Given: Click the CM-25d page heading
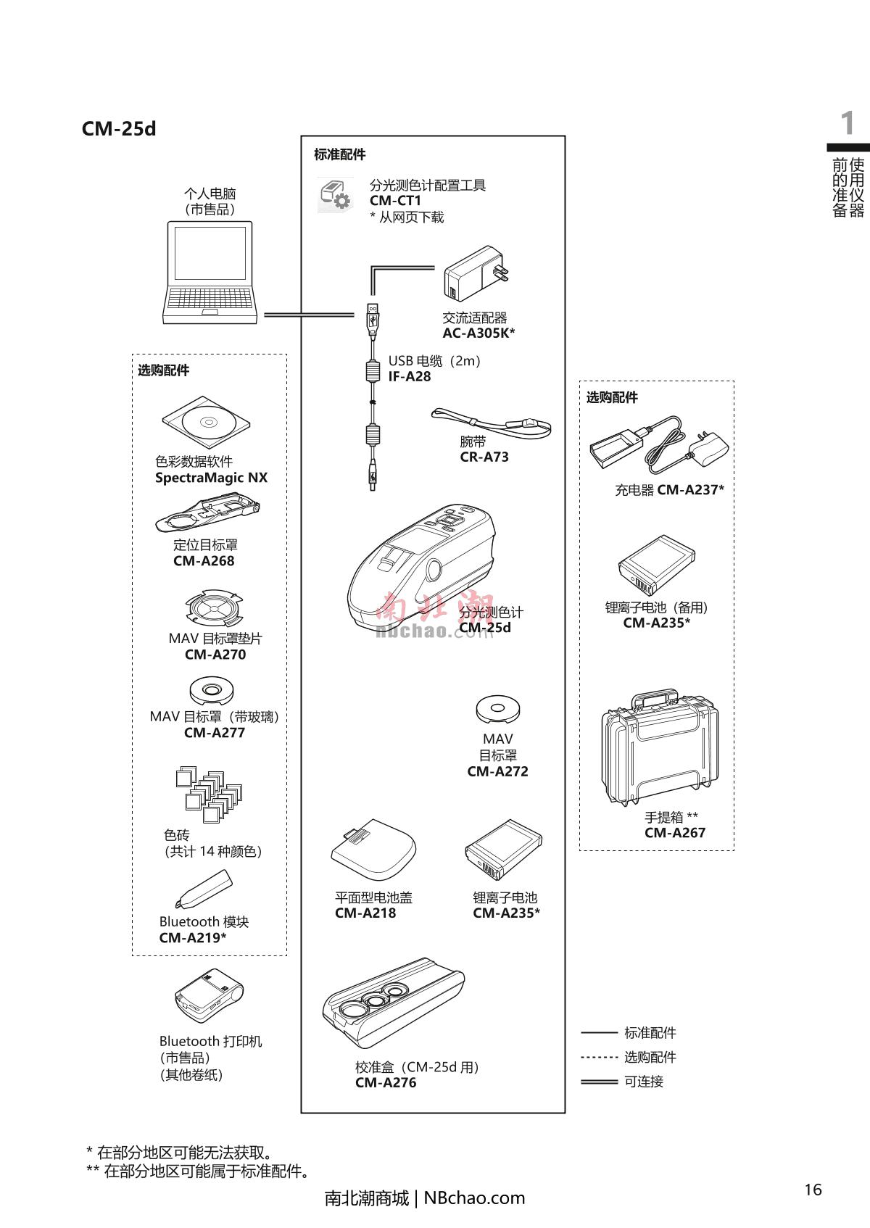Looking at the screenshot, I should click(119, 129).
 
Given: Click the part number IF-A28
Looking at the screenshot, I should click(410, 377).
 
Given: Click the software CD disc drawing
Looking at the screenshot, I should click(207, 423).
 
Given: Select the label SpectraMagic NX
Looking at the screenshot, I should click(211, 478).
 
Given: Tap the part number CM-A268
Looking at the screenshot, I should click(204, 561).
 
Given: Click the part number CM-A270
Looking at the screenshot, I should click(215, 655).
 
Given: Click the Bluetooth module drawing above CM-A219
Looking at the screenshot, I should click(204, 889).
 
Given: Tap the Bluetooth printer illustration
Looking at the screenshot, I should click(209, 996).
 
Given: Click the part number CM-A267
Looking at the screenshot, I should click(675, 833).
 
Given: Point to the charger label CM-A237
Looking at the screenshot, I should click(690, 490).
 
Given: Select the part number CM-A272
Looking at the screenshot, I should click(497, 772).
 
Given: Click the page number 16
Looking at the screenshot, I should click(813, 1190).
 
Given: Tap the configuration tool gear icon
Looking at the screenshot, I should click(336, 196).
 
